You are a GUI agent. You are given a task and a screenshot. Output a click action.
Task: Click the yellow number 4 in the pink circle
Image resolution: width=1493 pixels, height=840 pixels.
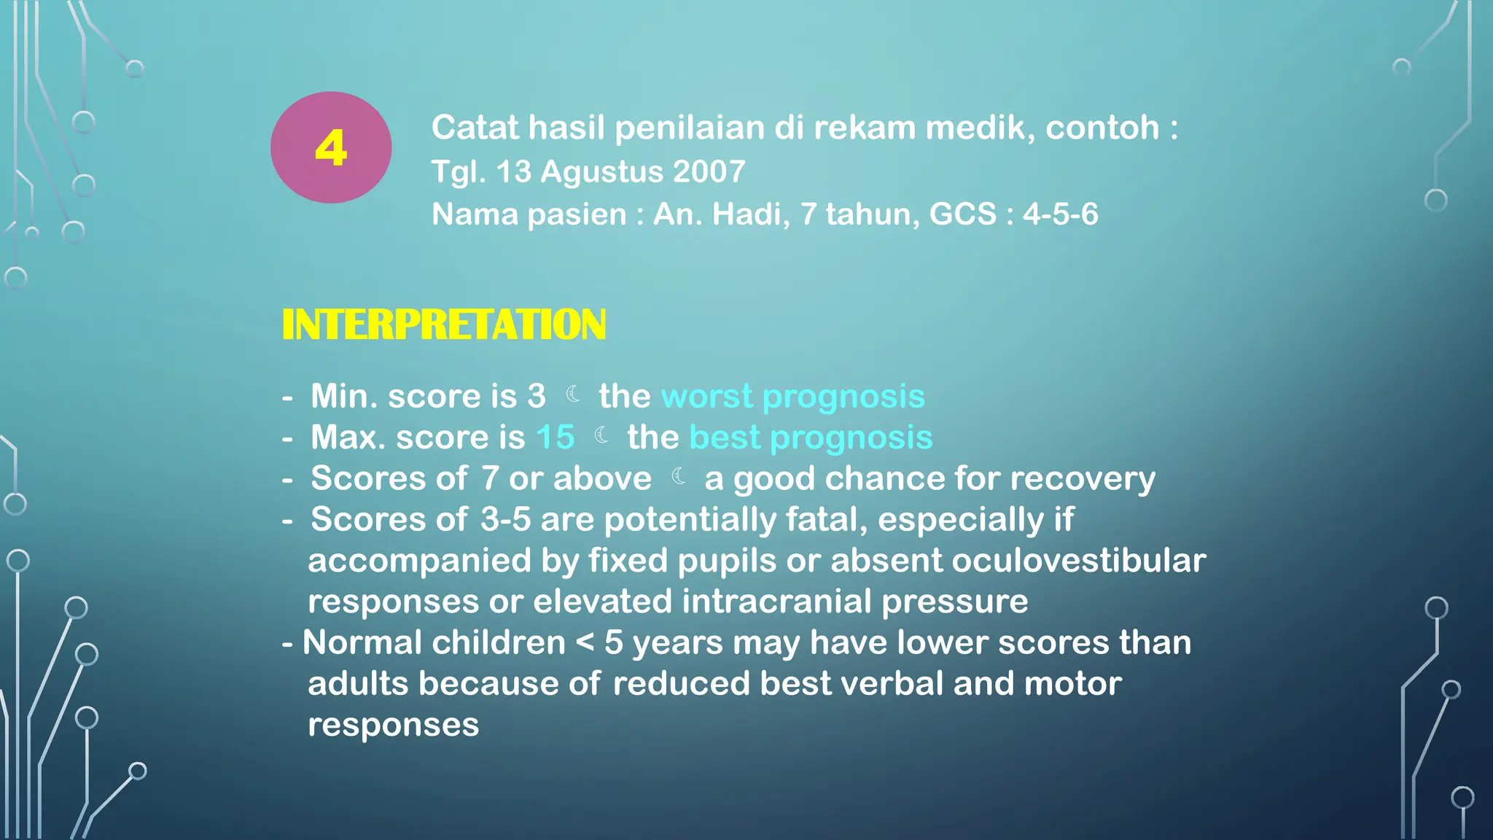[330, 148]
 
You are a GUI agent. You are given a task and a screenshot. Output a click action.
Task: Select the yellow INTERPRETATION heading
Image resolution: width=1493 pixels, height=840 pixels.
[443, 324]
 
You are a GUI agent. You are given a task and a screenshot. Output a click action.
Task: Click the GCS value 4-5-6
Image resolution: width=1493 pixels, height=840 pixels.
[1060, 214]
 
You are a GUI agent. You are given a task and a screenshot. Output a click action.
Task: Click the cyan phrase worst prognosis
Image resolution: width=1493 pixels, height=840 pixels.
[792, 397]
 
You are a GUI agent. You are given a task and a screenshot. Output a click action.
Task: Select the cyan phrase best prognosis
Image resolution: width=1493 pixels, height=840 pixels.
[811, 437]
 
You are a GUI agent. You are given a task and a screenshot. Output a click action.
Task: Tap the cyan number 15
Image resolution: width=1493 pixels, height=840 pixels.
[555, 437]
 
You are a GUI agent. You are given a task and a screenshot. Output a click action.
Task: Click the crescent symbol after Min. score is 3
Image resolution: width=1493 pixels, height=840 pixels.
[574, 394]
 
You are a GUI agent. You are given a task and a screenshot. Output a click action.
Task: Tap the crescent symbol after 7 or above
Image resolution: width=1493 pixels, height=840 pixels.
[679, 476]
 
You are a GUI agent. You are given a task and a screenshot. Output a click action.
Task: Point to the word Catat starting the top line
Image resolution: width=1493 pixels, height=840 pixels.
[474, 128]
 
